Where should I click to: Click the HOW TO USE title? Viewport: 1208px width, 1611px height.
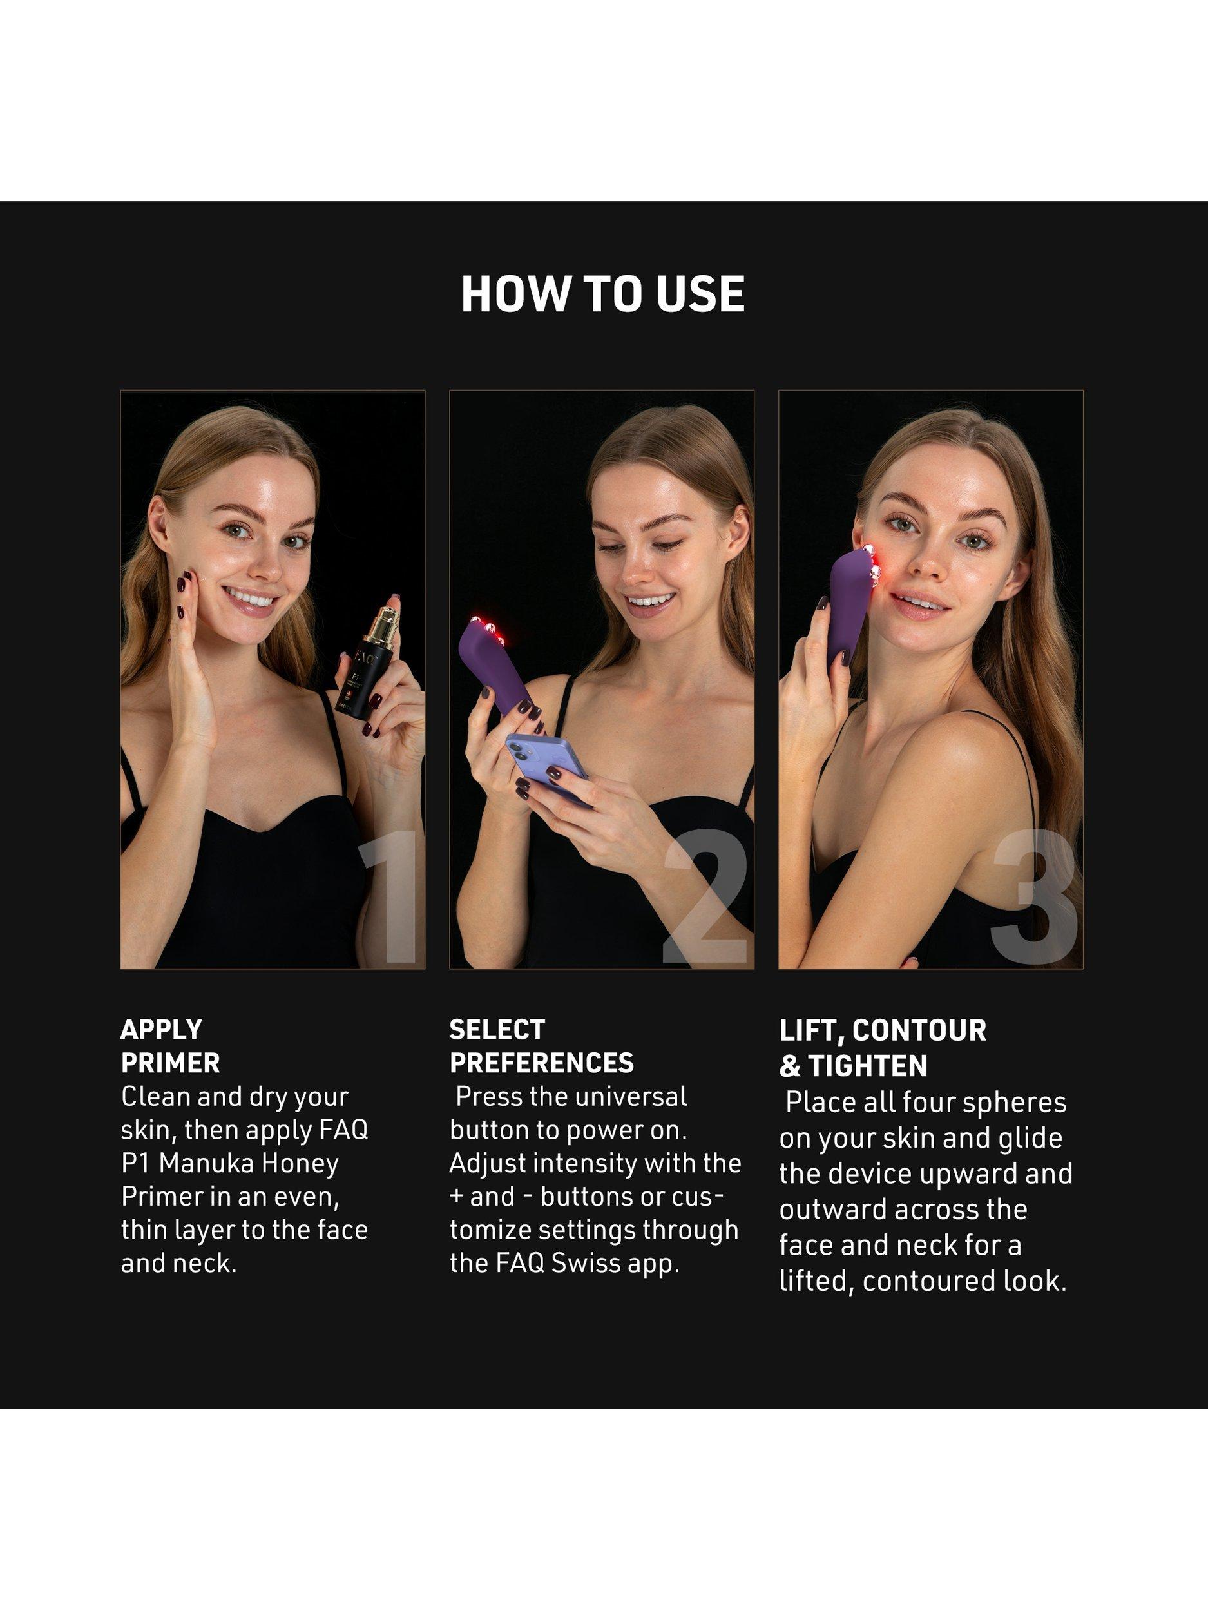(603, 294)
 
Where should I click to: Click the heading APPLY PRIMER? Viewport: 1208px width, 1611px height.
(170, 1046)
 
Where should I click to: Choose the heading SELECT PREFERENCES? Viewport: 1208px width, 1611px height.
(542, 1046)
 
